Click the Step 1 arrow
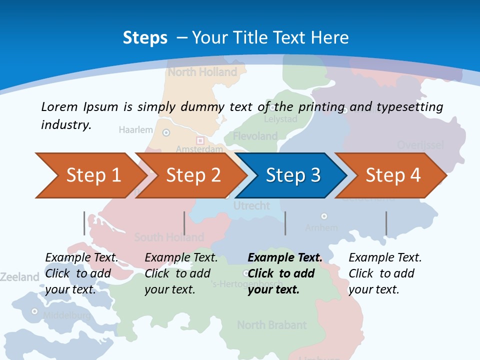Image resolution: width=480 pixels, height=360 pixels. [x=90, y=175]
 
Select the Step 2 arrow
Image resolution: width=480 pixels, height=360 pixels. [x=190, y=175]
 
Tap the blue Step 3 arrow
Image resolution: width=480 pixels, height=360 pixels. [x=291, y=175]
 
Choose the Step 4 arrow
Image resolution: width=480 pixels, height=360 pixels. [x=391, y=175]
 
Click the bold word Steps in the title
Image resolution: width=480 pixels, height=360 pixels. [x=145, y=37]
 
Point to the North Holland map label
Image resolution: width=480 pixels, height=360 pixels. [x=202, y=72]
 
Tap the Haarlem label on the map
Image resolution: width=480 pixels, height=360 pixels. [x=135, y=130]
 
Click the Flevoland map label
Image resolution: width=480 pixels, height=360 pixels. [x=255, y=136]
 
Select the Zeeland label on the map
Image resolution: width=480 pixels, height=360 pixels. [x=19, y=277]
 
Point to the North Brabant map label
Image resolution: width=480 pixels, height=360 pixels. [x=271, y=325]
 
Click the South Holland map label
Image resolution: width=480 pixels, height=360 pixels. [x=169, y=237]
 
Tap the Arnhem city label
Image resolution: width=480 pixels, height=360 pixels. [x=321, y=227]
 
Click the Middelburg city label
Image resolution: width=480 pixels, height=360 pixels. [x=66, y=315]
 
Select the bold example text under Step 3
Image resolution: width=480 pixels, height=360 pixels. [x=284, y=273]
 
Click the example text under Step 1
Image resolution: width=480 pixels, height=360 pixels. [x=81, y=273]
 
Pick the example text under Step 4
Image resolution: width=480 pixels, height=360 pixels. [x=384, y=273]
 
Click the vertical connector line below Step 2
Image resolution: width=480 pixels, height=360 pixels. [x=184, y=223]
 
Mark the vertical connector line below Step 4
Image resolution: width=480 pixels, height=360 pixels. [x=386, y=223]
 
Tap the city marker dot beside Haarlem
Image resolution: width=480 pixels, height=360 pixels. [x=166, y=132]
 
